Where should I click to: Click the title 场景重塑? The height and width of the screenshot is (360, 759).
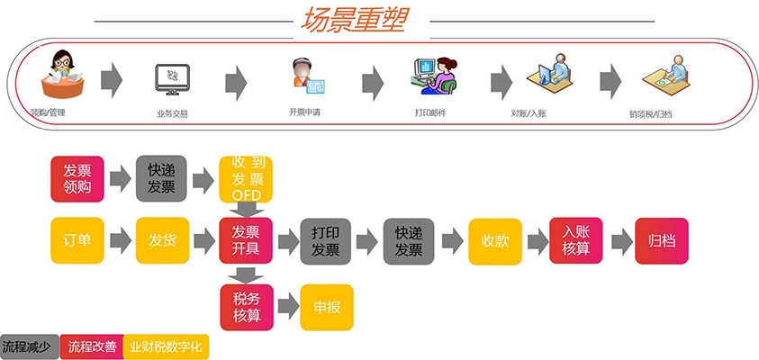(352, 21)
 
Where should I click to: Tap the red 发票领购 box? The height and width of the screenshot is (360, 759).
(77, 178)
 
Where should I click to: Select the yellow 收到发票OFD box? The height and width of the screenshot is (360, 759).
(246, 179)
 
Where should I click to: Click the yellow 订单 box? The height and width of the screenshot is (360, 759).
(77, 240)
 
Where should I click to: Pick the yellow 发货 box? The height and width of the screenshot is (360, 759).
(162, 240)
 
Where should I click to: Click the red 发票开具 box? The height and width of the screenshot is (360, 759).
(246, 240)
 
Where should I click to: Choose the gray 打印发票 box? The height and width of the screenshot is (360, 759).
(325, 241)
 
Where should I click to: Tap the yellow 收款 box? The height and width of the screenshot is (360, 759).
(495, 241)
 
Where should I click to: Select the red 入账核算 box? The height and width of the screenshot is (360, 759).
(575, 240)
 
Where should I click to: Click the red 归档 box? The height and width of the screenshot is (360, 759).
(662, 241)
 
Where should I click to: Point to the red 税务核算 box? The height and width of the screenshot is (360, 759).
(247, 307)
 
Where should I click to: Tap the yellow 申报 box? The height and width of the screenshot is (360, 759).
(327, 307)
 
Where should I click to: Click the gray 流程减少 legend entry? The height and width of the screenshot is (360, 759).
(30, 346)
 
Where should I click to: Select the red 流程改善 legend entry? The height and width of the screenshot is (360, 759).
(92, 346)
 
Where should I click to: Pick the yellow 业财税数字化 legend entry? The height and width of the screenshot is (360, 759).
(166, 346)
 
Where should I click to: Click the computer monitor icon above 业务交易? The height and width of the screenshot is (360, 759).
(172, 79)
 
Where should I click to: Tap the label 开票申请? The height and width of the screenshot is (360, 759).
(304, 112)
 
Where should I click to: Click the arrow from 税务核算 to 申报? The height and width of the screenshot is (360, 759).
(288, 306)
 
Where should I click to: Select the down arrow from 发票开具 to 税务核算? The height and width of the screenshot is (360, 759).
(246, 274)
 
